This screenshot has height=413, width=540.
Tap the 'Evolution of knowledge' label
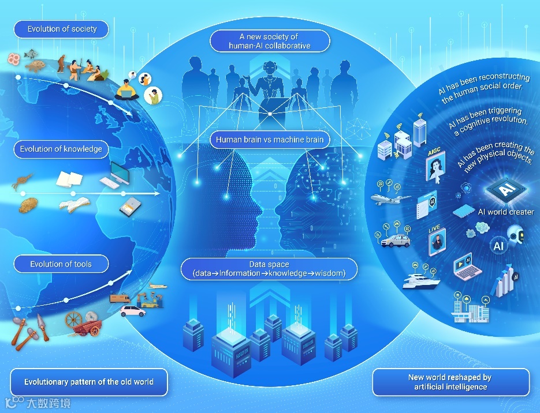point(61,149)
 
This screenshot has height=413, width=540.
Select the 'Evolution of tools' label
point(61,265)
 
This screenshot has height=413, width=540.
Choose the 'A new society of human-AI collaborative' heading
point(270,41)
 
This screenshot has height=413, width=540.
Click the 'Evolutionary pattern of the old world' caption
point(89,382)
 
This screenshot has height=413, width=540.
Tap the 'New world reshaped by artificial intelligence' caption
point(450,382)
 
